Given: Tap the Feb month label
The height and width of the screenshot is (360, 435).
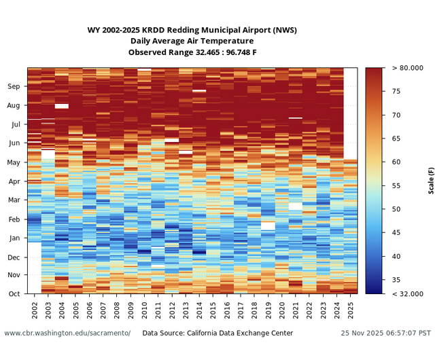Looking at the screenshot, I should tap(14, 219).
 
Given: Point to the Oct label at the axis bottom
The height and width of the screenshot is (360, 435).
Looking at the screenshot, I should tap(14, 293).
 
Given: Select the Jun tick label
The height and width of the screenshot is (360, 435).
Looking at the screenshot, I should tap(14, 143).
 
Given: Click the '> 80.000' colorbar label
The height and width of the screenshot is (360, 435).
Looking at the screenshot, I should tap(408, 68).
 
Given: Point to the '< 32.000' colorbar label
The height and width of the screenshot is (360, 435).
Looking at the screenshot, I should tap(408, 293).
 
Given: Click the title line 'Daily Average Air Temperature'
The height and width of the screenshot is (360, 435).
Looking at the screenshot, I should tap(192, 41).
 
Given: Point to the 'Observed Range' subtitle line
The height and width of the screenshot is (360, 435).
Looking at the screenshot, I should tap(192, 52).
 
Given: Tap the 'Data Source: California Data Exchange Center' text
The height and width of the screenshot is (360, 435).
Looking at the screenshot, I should tap(217, 333).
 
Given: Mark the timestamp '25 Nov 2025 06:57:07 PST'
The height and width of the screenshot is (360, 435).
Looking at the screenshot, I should tap(385, 333).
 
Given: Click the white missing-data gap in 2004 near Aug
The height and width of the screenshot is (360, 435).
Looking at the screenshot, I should tap(62, 106).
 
